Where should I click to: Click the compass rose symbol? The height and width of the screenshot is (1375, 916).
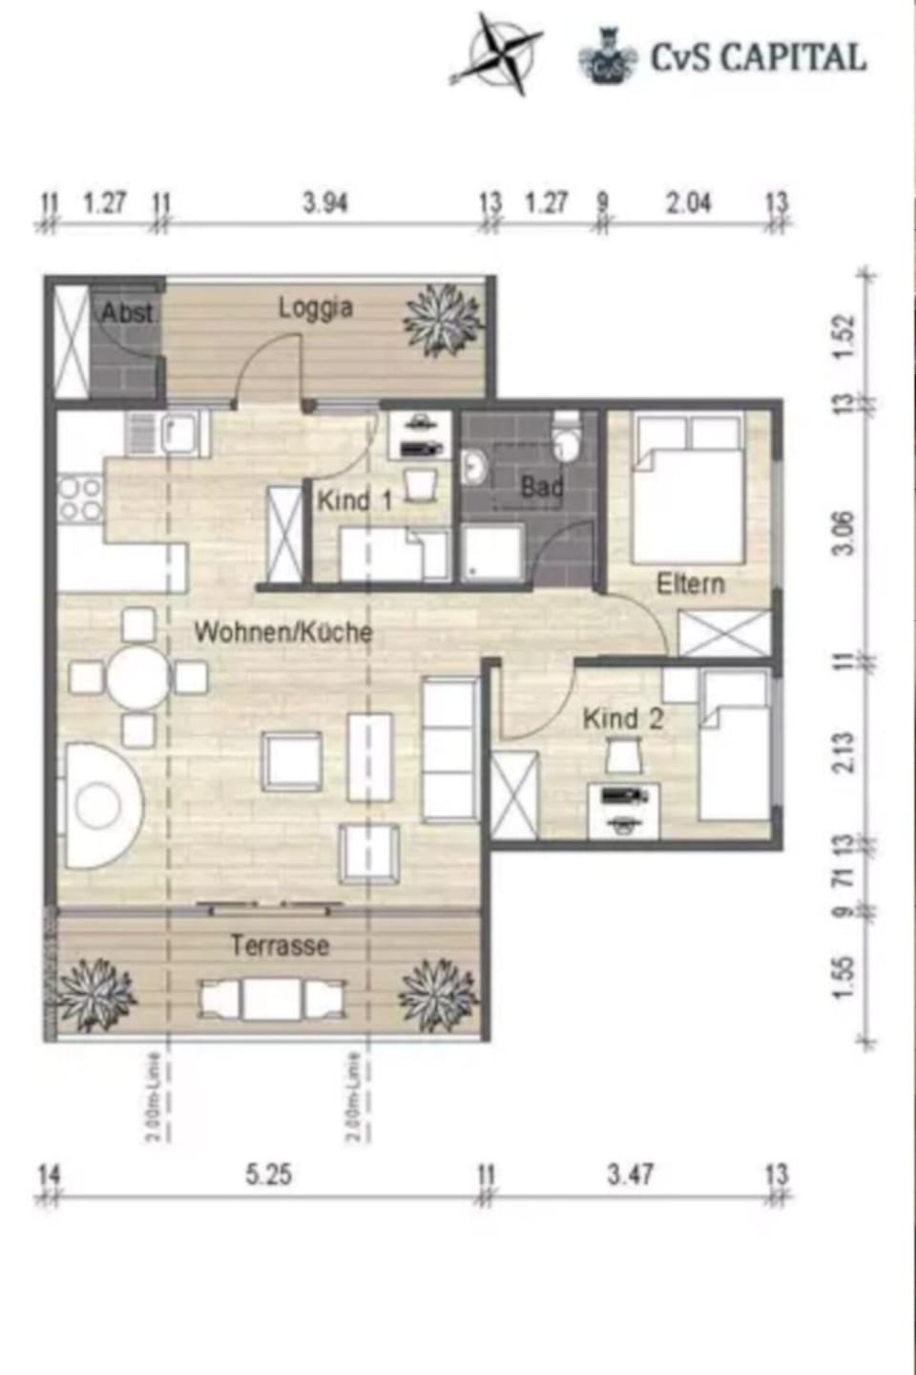tap(495, 54)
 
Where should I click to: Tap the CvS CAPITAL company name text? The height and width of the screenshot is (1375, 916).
tap(759, 57)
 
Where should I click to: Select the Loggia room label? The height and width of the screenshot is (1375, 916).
tap(315, 308)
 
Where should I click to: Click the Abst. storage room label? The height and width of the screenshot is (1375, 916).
tap(127, 312)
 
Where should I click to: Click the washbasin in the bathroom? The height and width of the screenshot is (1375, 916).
tap(474, 467)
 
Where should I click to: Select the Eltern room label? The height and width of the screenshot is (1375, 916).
tap(690, 583)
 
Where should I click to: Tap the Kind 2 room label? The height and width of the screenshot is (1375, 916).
tap(622, 718)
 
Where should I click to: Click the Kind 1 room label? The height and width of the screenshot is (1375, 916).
tap(354, 500)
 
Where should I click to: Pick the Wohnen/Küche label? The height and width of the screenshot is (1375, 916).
tap(282, 631)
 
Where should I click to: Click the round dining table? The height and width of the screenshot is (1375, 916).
tap(137, 679)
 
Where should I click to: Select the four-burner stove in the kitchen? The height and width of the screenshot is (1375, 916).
tap(80, 498)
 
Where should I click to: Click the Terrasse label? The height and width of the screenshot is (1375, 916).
tap(279, 945)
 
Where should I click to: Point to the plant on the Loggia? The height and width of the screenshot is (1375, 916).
tap(442, 320)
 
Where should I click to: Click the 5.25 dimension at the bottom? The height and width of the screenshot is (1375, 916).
tap(268, 1174)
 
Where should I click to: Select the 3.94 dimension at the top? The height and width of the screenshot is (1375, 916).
tap(324, 202)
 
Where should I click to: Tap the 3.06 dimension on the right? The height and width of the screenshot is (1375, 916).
tap(844, 533)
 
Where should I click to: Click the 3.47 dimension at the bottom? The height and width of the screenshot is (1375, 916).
tap(630, 1174)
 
